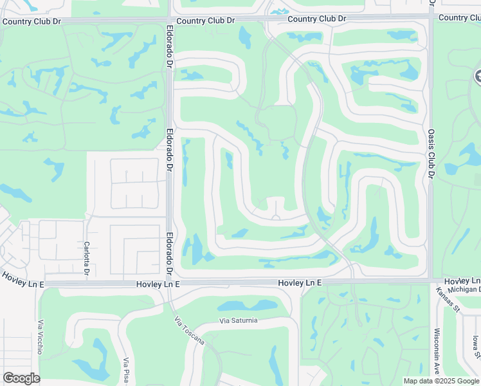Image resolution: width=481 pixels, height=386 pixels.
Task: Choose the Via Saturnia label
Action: (x=238, y=320)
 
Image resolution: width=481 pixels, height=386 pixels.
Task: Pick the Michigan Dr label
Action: (x=464, y=290)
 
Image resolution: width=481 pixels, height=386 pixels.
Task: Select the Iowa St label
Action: (x=475, y=348)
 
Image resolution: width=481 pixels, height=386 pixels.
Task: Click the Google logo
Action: (x=21, y=378)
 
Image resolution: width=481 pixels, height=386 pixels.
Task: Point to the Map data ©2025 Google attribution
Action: (x=441, y=381)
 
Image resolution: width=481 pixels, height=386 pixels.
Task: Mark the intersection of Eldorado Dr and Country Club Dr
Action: (x=169, y=21)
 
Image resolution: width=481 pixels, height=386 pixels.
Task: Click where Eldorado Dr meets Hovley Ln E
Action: (x=170, y=283)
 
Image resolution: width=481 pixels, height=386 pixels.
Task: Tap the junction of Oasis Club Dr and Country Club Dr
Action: (x=431, y=17)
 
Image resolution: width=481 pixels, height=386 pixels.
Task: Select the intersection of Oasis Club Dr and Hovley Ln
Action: (x=431, y=281)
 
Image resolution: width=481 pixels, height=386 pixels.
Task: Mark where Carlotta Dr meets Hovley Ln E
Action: (x=87, y=283)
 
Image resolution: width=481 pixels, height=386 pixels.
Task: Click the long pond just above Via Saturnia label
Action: (x=248, y=306)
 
